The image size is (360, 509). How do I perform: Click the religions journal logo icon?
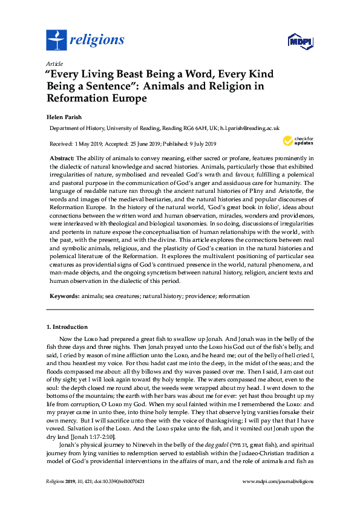(57, 40)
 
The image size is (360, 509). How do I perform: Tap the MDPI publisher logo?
(300, 42)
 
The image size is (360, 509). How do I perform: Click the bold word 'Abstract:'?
(62, 158)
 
